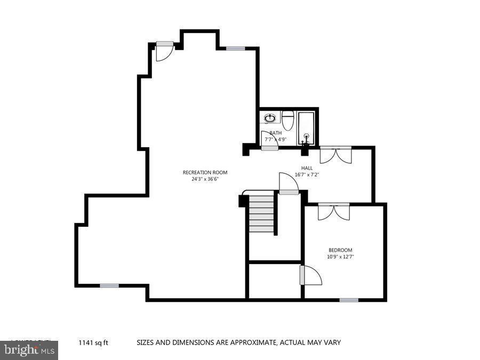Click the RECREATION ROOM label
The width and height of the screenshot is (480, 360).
(205, 172)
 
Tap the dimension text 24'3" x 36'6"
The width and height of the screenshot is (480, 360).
(205, 179)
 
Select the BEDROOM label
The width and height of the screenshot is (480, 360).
(340, 250)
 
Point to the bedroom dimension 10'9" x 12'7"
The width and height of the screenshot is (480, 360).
(340, 257)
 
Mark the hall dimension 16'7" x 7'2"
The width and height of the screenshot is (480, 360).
(307, 174)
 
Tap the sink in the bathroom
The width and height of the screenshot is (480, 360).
(270, 117)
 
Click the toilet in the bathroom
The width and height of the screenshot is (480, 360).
(287, 120)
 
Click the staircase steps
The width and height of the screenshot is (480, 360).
(261, 213)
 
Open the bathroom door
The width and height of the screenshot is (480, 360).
(270, 140)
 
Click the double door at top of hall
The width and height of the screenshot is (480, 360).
(335, 154)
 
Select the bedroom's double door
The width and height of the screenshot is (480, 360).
(334, 211)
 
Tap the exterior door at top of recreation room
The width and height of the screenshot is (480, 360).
(164, 50)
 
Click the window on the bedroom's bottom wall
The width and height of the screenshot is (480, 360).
(349, 300)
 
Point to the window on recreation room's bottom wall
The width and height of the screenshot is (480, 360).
(109, 286)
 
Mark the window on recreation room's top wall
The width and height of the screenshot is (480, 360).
(235, 49)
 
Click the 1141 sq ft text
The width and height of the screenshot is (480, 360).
(93, 343)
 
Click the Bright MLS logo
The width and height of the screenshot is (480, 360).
(29, 350)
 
